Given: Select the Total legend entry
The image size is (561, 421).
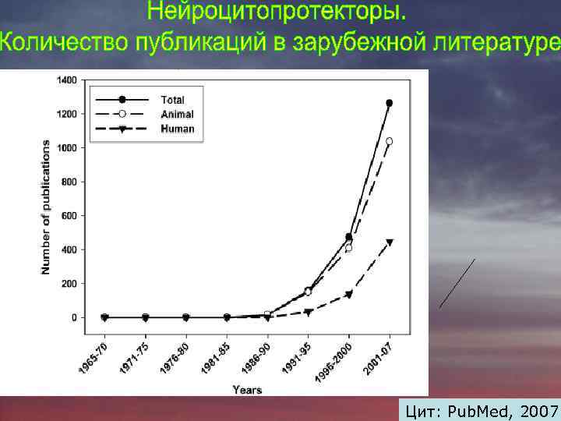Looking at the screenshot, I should [172, 100].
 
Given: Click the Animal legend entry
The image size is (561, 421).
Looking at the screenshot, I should [177, 115].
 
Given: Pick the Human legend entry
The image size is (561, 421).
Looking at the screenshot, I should [177, 129].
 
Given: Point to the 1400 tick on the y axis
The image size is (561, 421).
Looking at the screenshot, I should [67, 80].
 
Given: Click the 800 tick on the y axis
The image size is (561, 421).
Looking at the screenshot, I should [69, 182].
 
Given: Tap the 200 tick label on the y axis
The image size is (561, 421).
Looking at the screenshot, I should [69, 284].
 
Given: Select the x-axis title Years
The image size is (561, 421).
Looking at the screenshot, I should [246, 389].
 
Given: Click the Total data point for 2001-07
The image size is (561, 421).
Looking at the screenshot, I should [389, 103].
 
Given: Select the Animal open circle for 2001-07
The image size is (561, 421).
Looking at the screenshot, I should [389, 141].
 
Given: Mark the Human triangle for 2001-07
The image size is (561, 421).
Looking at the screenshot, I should [389, 242].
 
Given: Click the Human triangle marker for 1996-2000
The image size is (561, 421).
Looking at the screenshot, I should [348, 295].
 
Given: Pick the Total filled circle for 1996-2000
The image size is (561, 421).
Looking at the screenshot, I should [348, 237].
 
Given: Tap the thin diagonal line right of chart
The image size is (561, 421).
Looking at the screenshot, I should [457, 283].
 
